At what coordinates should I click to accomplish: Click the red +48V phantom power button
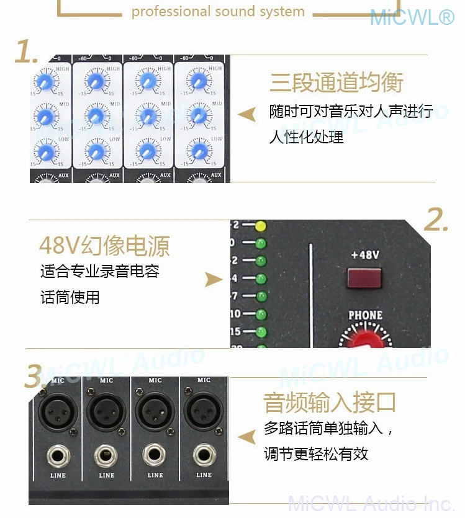(x=364, y=279)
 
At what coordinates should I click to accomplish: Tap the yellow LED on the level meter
(x=261, y=225)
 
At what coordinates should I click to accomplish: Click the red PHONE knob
(x=365, y=340)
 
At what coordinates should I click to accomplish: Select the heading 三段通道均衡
(x=336, y=83)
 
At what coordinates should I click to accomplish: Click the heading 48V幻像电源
(x=104, y=246)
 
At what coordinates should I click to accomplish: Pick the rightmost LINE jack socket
(x=204, y=456)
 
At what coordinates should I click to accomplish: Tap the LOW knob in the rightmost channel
(x=199, y=151)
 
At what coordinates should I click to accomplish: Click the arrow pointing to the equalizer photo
(x=247, y=114)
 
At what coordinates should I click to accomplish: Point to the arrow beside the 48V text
(x=214, y=280)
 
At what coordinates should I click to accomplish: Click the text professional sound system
(x=218, y=12)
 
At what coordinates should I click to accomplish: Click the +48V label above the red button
(x=364, y=255)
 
